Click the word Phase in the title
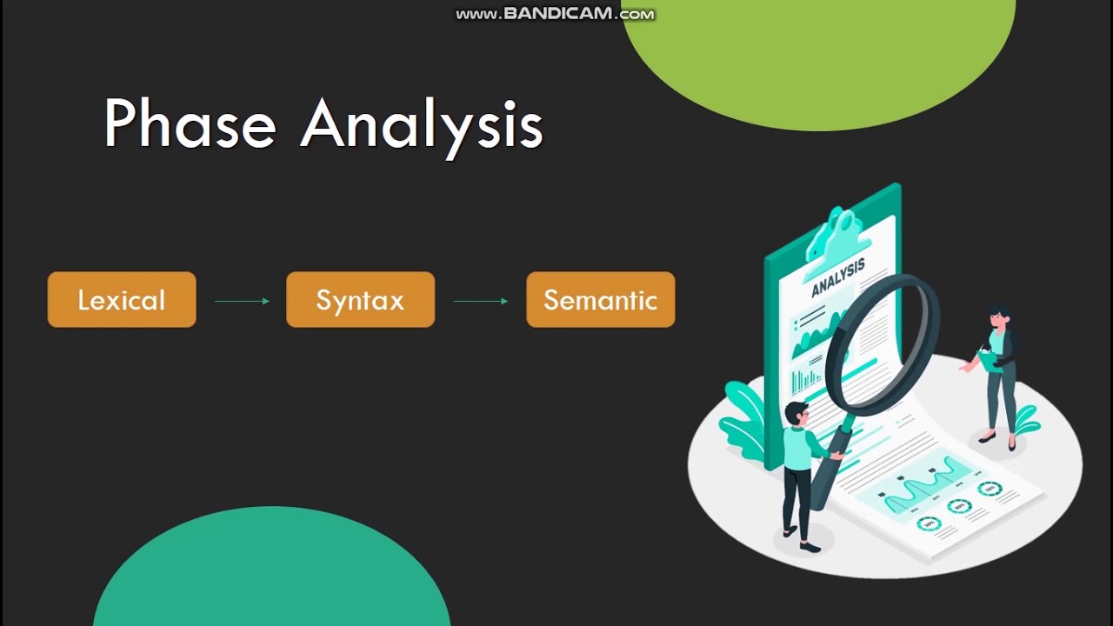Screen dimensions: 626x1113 click(190, 124)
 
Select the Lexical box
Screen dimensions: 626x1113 click(122, 300)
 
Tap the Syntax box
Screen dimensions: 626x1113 click(360, 300)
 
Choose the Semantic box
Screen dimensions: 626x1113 click(600, 300)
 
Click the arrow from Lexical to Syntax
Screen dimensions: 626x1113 click(242, 301)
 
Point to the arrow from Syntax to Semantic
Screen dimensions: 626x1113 click(481, 301)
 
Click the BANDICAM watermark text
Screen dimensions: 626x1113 click(555, 14)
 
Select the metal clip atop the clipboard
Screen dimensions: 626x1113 click(836, 230)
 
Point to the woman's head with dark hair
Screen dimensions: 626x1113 click(998, 316)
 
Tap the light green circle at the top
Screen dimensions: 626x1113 click(817, 52)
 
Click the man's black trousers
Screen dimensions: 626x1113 click(796, 504)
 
